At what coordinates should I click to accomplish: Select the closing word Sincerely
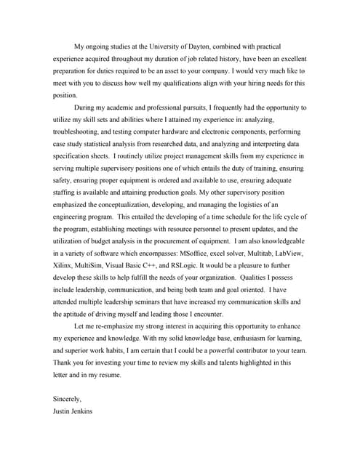tap(68, 399)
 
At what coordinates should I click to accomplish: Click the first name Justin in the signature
tap(63, 411)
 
